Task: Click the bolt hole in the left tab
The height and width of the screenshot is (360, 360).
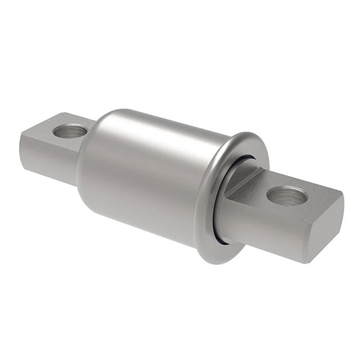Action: (70, 131)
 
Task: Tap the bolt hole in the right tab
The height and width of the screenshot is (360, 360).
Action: (287, 196)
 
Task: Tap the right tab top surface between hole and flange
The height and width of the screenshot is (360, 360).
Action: (256, 186)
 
